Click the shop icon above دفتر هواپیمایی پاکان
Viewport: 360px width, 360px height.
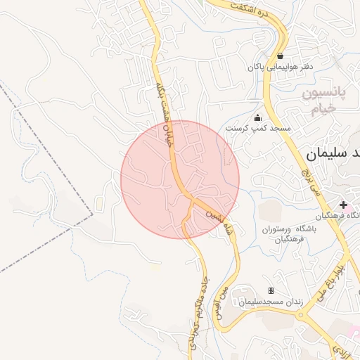tap(281, 56)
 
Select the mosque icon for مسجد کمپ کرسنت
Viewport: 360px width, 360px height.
tap(257, 117)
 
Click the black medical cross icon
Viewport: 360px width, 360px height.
tap(343, 204)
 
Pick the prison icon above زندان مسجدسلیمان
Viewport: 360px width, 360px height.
tap(271, 290)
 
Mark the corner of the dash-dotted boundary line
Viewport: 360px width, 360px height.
tap(91, 214)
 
